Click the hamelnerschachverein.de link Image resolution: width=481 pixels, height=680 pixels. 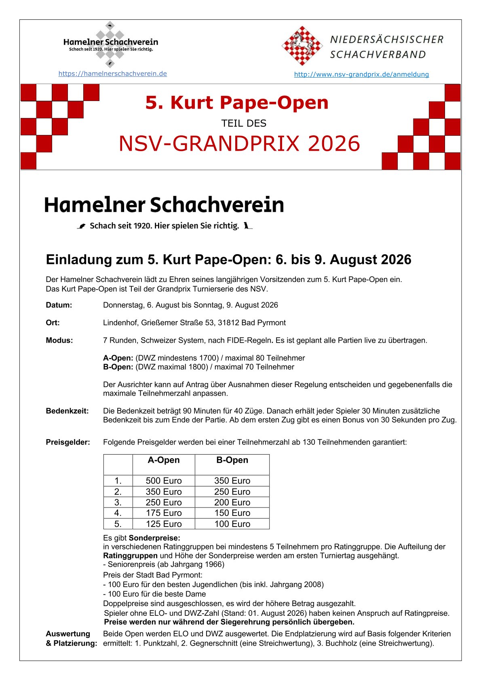(112, 74)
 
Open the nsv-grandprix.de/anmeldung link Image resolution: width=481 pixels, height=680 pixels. (361, 74)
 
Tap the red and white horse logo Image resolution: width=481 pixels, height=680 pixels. (302, 46)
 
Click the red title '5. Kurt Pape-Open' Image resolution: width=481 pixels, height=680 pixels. (237, 103)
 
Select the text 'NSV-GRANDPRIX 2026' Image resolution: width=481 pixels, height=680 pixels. (239, 144)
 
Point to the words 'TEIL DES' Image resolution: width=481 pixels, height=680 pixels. (244, 123)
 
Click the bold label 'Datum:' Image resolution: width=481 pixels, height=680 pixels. (59, 305)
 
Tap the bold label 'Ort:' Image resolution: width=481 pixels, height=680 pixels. (53, 323)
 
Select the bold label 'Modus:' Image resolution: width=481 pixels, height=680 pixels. (59, 341)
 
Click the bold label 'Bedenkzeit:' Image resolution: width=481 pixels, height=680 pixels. (67, 411)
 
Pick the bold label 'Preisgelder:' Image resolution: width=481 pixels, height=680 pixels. (68, 442)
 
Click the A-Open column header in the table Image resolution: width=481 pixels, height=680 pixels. (164, 460)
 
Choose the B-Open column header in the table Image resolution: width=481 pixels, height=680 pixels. (232, 460)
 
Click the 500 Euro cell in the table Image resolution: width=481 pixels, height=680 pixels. (164, 481)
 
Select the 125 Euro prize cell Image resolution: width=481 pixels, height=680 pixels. (164, 524)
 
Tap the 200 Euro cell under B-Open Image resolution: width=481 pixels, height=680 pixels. (232, 503)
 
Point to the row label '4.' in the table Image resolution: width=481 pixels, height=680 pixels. (118, 513)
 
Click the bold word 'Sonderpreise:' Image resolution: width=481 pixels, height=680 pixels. (154, 538)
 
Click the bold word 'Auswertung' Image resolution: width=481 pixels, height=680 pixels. (68, 634)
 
